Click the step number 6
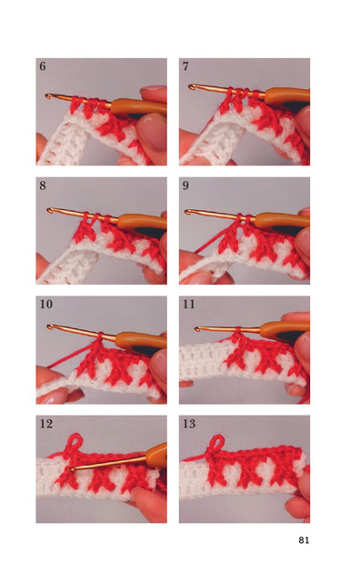[43, 66]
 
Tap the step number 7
[185, 66]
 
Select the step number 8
[43, 186]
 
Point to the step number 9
[185, 186]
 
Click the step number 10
[46, 305]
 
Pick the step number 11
[189, 305]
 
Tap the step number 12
[46, 424]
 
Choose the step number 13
[189, 424]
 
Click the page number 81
[304, 540]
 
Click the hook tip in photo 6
[48, 96]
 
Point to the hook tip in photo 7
[191, 87]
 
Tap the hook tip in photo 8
[49, 210]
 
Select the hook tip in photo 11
[197, 328]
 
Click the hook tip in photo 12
[71, 469]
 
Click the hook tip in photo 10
[50, 327]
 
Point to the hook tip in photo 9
[187, 212]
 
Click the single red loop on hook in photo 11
[236, 329]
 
